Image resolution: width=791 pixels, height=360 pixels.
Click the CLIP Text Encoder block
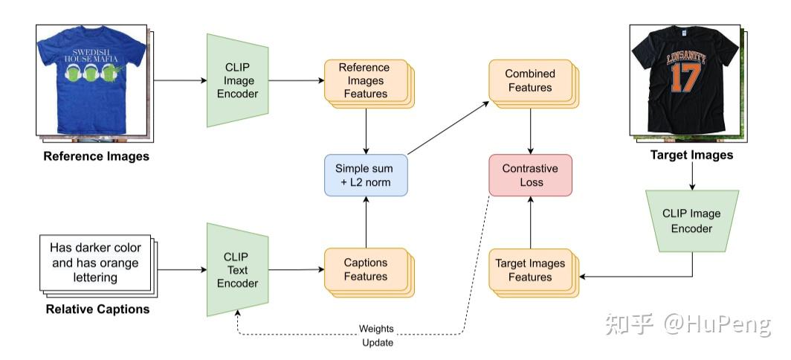click(x=241, y=270)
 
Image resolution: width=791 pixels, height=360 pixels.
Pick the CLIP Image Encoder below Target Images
click(x=691, y=221)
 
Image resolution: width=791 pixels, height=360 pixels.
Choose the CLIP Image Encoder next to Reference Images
click(x=241, y=80)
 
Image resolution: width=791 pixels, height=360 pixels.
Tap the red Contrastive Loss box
click(x=529, y=175)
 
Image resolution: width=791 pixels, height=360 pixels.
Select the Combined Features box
click(x=529, y=80)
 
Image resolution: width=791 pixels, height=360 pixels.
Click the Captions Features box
click(x=364, y=269)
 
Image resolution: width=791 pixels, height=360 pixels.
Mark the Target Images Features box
click(x=529, y=270)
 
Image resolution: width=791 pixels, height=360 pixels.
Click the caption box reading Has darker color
click(x=94, y=262)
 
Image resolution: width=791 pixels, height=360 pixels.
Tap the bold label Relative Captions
click(x=97, y=309)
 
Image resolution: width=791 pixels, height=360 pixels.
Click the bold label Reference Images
click(x=96, y=156)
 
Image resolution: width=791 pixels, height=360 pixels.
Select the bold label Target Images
click(x=691, y=155)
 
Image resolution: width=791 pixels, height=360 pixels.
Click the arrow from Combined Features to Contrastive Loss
click(x=530, y=129)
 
